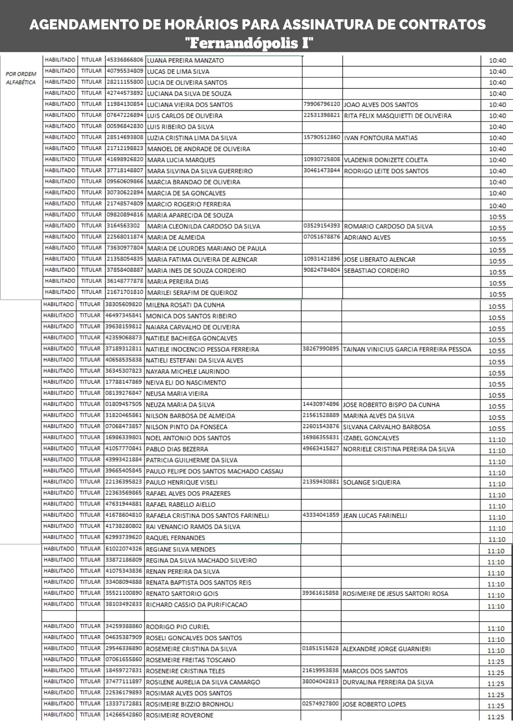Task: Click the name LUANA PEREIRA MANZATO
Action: pyautogui.click(x=185, y=61)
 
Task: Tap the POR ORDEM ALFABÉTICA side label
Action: pyautogui.click(x=21, y=78)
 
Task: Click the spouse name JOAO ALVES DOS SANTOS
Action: pyautogui.click(x=381, y=105)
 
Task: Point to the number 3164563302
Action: pyautogui.click(x=123, y=226)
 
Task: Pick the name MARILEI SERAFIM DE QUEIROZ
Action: pyautogui.click(x=192, y=293)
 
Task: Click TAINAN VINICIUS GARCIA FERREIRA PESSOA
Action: pyautogui.click(x=407, y=350)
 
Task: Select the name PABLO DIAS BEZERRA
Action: pyautogui.click(x=177, y=449)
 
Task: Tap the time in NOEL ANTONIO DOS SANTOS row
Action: pyautogui.click(x=497, y=440)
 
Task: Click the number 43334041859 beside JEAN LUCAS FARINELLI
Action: pyautogui.click(x=321, y=515)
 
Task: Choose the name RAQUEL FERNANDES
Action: pyautogui.click(x=176, y=538)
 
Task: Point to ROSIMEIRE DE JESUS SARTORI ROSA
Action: pyautogui.click(x=395, y=594)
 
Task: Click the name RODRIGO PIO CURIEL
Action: pyautogui.click(x=177, y=627)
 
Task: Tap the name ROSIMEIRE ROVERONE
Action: pyautogui.click(x=180, y=715)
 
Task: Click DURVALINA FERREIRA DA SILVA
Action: pyautogui.click(x=388, y=682)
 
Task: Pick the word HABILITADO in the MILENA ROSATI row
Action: pyautogui.click(x=58, y=305)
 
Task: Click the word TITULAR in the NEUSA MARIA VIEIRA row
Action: pyautogui.click(x=90, y=393)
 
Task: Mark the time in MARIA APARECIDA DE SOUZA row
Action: pyautogui.click(x=497, y=217)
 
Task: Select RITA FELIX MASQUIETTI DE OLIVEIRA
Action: pyautogui.click(x=398, y=116)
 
